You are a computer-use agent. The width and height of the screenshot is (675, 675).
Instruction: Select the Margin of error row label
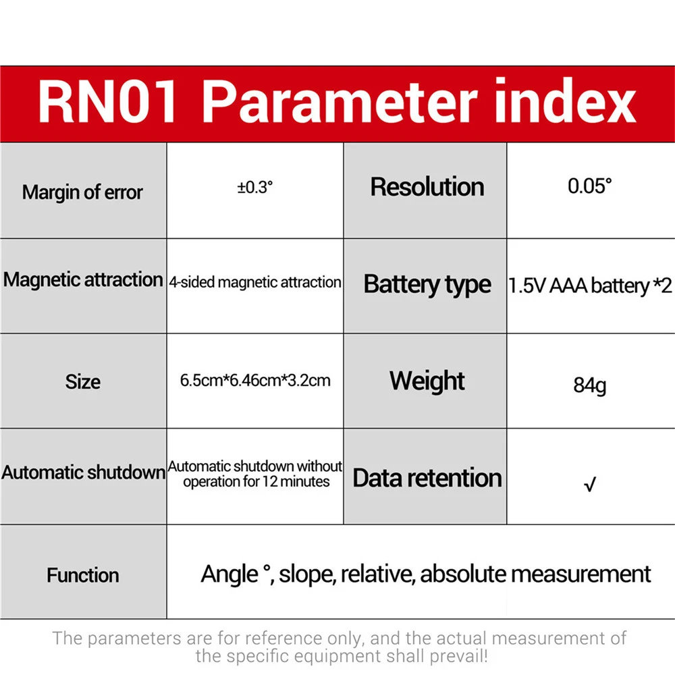coord(82,192)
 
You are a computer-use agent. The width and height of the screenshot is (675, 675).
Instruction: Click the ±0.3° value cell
coord(255,188)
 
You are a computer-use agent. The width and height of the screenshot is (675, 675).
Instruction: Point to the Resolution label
coord(427,187)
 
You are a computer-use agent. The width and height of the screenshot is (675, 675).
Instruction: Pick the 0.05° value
coord(589,187)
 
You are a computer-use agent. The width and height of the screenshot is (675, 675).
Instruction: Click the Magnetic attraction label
coord(83,279)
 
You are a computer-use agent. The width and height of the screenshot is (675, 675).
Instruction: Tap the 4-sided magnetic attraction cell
coord(255,282)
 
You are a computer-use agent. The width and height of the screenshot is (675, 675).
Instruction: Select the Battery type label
coord(427,284)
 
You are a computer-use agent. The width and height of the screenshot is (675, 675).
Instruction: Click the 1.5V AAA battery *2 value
coord(590,286)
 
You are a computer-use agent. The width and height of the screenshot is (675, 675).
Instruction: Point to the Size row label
coord(82,382)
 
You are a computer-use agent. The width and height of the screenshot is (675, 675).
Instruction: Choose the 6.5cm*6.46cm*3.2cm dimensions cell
coord(255,380)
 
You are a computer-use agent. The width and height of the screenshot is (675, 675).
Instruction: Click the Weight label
coord(427,381)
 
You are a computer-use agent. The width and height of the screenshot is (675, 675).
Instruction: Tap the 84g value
coord(589,387)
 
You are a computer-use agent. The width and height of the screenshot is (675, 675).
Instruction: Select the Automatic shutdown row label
coord(83,472)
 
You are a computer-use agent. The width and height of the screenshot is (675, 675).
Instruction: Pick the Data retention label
coord(427,478)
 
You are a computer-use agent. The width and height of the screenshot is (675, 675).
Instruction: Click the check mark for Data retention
coord(589,484)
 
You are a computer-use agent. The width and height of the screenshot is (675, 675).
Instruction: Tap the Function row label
coord(82,575)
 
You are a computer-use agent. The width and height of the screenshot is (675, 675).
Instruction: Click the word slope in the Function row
coord(307,574)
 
